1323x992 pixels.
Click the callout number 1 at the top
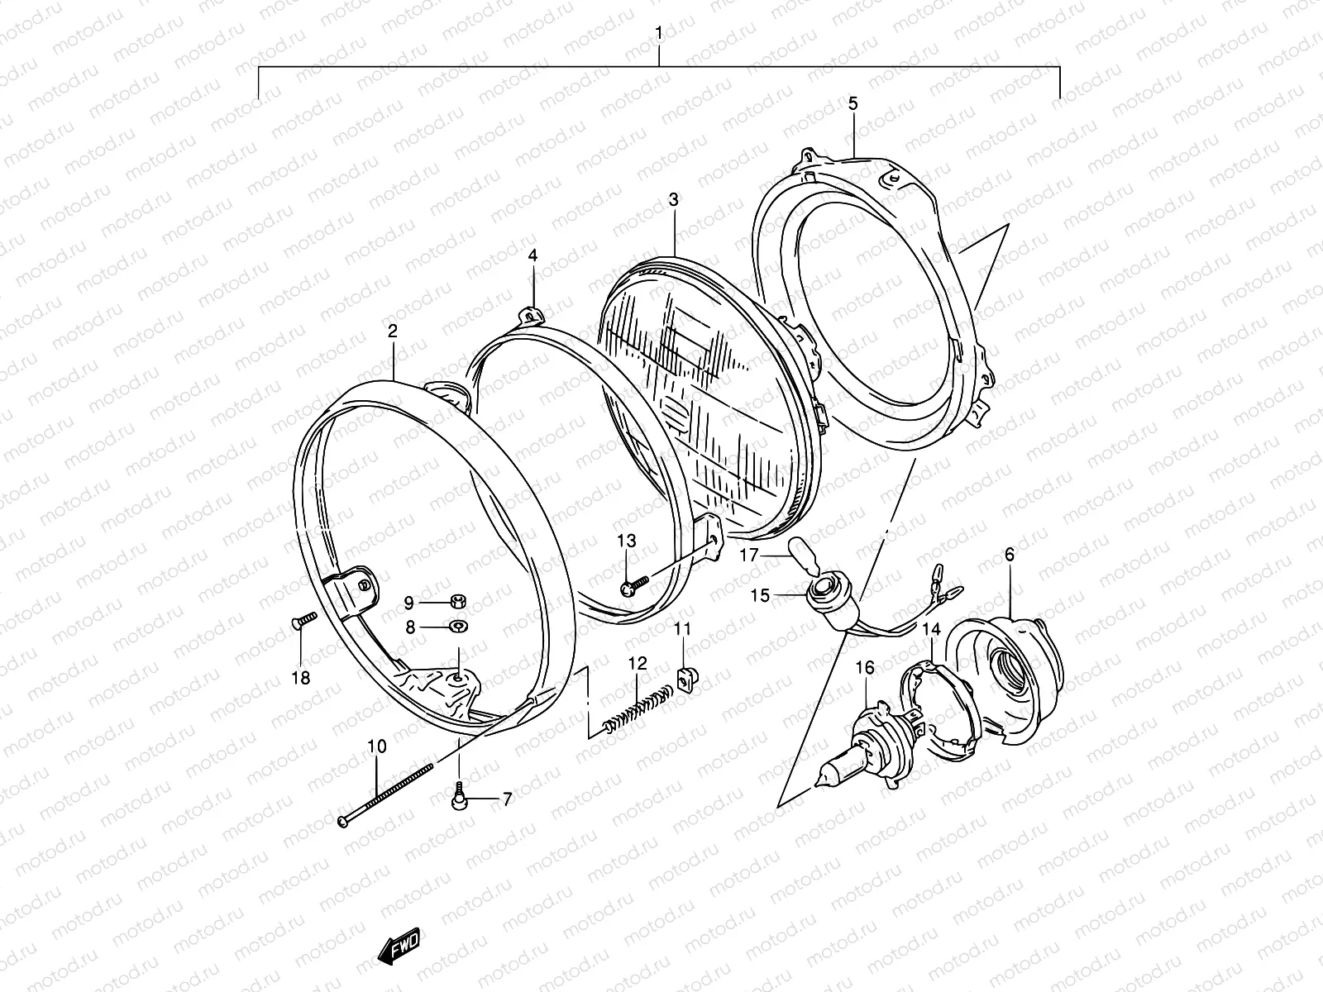pyautogui.click(x=658, y=33)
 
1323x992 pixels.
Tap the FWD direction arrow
pyautogui.click(x=399, y=947)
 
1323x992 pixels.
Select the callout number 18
pyautogui.click(x=301, y=678)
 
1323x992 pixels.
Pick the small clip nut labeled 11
pyautogui.click(x=683, y=677)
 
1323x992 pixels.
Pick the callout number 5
pyautogui.click(x=853, y=103)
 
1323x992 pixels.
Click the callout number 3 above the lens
pyautogui.click(x=673, y=199)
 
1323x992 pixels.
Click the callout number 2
pyautogui.click(x=393, y=331)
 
